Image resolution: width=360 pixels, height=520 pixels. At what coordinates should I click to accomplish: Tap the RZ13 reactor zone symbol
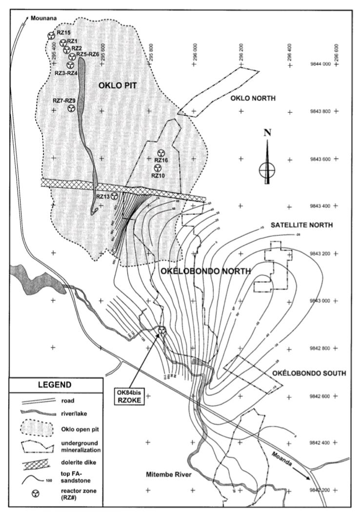point(114,196)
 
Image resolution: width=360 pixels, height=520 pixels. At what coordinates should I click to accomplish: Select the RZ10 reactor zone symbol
point(157,168)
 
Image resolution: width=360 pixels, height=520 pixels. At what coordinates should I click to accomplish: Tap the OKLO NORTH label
point(253,99)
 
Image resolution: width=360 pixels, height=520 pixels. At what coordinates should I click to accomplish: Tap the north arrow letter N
point(267,132)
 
